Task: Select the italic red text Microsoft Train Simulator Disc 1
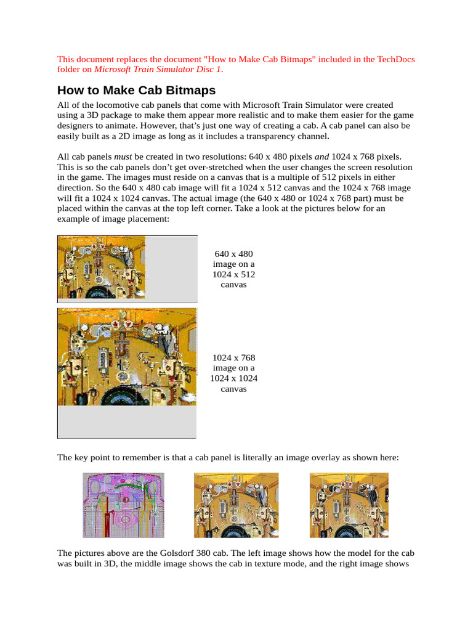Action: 158,69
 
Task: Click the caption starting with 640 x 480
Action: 233,269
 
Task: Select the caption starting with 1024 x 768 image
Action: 233,373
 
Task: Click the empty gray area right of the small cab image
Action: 171,268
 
